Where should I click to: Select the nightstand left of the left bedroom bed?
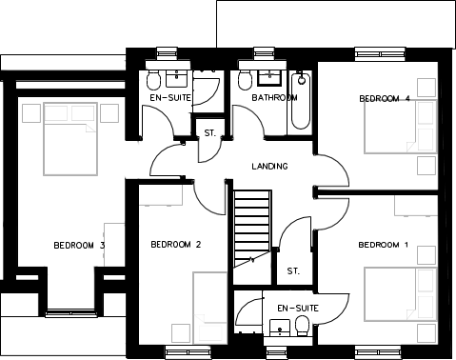[x=30, y=113]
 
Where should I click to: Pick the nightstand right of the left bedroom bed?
[x=108, y=113]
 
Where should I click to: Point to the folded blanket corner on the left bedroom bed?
[x=89, y=129]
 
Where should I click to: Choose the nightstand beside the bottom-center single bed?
[x=178, y=332]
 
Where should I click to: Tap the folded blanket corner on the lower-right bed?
[x=411, y=310]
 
